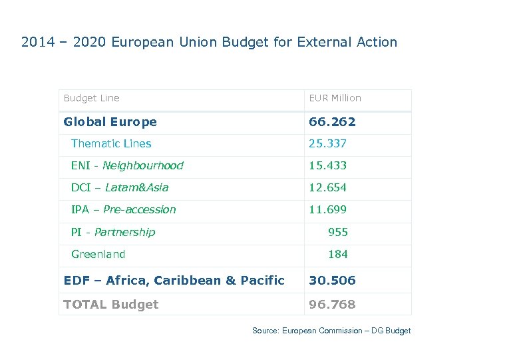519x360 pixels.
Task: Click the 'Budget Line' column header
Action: [x=91, y=98]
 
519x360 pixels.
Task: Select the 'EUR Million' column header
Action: [x=335, y=98]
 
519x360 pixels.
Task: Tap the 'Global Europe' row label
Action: [x=110, y=122]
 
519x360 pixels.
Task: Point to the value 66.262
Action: [x=332, y=122]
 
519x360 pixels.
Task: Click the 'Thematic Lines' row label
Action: [x=111, y=144]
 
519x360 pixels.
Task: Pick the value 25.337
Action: [x=327, y=144]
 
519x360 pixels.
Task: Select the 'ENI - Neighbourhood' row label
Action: [x=127, y=166]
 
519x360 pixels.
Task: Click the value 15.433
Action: [x=327, y=166]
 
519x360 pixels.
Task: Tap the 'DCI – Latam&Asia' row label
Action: [x=120, y=188]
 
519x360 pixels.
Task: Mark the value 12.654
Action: [x=327, y=188]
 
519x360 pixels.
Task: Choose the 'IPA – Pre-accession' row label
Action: [x=123, y=210]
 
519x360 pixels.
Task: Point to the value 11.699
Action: [x=327, y=210]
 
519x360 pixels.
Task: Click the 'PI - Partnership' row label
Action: [x=112, y=233]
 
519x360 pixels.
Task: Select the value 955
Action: [x=338, y=233]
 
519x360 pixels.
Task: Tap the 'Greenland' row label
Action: [x=98, y=255]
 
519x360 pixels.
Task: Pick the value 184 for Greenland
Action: [x=338, y=255]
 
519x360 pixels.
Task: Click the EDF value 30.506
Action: [x=332, y=281]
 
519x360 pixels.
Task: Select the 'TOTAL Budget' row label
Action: [x=110, y=305]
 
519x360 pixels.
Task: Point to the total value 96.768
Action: [x=332, y=305]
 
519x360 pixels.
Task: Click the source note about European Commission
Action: [x=331, y=331]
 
